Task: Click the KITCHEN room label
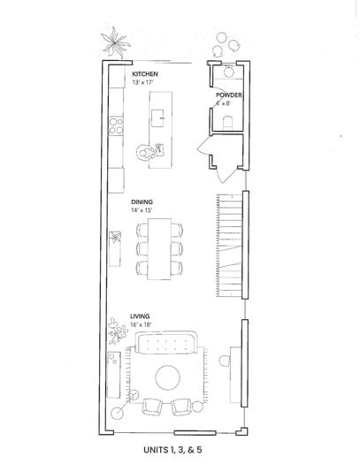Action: (145, 74)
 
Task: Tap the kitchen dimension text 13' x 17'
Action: (142, 82)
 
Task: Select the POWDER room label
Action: (228, 95)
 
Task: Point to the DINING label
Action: (142, 202)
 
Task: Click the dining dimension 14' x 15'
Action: (142, 210)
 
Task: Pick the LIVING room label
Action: (140, 316)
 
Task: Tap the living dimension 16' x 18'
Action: (141, 324)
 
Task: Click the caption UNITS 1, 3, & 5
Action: (172, 450)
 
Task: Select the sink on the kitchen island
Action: (157, 118)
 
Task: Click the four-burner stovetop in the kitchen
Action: (116, 126)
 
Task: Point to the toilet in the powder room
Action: (227, 122)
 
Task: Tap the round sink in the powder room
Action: (228, 72)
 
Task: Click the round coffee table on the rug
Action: (168, 378)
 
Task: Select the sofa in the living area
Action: (166, 342)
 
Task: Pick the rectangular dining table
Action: (159, 249)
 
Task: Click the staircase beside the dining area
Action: (229, 246)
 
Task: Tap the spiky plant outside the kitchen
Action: (114, 43)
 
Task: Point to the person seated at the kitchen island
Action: (145, 152)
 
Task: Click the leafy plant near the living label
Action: (116, 331)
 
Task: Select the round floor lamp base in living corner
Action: (118, 413)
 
